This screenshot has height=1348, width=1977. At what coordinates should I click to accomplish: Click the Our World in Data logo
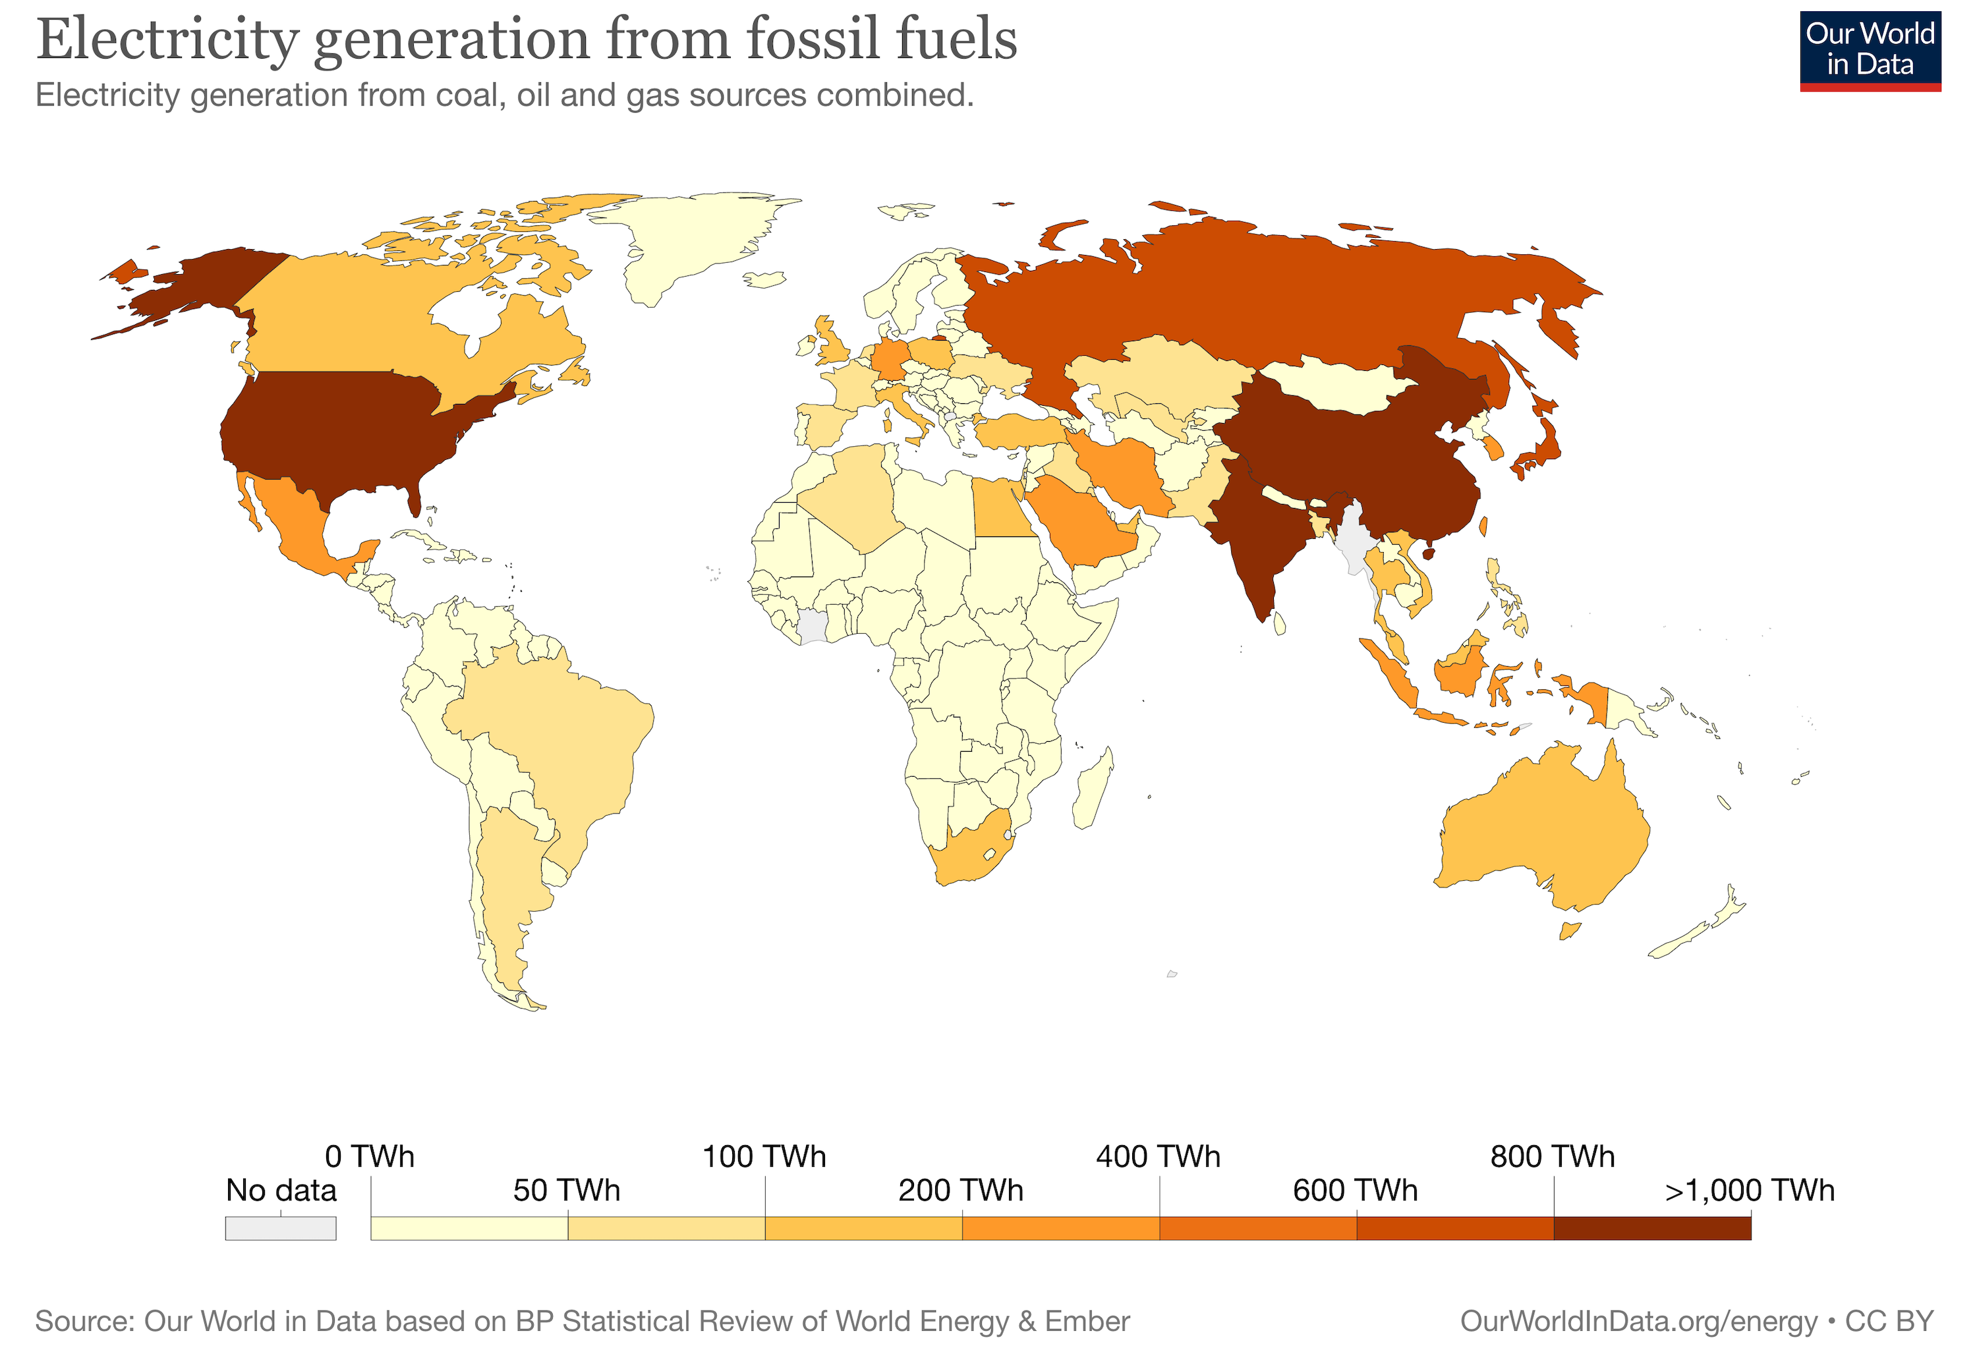click(1869, 51)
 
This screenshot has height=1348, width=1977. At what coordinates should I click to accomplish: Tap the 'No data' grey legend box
click(281, 1227)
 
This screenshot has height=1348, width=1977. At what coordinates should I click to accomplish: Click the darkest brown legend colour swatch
click(1651, 1227)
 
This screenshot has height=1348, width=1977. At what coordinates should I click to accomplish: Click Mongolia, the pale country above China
click(1336, 387)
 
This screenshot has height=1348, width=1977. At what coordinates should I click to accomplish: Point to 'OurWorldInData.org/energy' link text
click(1638, 1321)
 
